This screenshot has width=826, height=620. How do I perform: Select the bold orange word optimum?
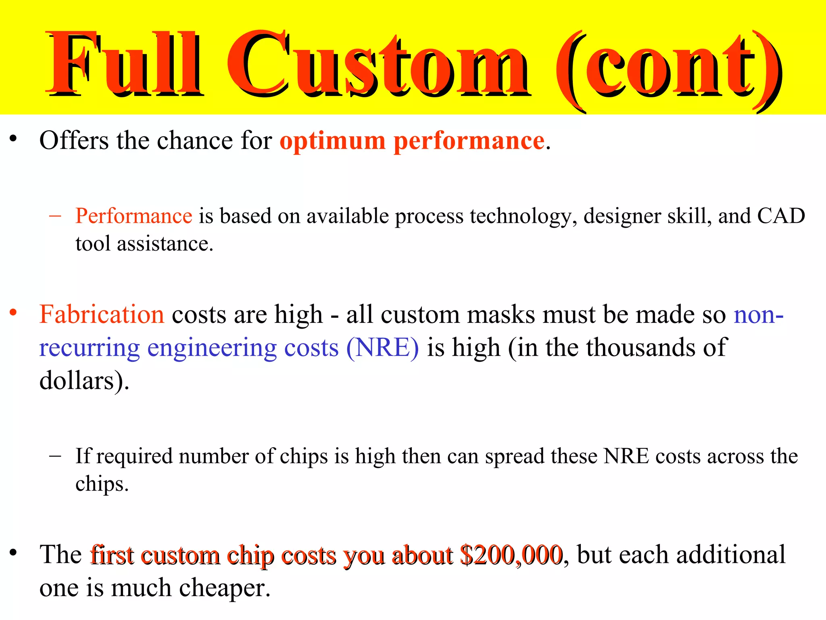point(333,141)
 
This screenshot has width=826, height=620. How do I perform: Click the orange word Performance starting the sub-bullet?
point(134,216)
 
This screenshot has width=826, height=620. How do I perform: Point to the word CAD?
point(781,216)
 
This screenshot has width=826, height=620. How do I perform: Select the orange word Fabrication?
point(102,314)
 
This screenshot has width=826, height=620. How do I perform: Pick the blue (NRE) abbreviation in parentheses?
point(382,348)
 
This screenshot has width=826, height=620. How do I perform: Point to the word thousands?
point(640,348)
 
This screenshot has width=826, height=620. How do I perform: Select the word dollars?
point(79,381)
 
